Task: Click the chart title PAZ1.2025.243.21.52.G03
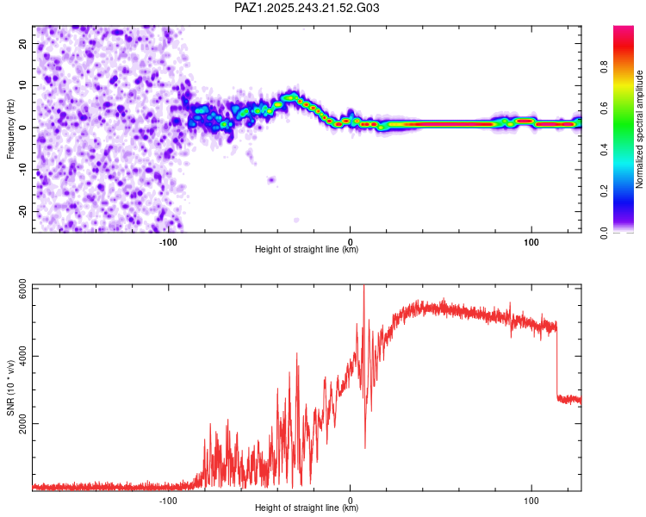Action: pyautogui.click(x=307, y=8)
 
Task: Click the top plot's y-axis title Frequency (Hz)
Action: pyautogui.click(x=11, y=128)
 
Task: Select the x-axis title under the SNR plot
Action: pyautogui.click(x=307, y=508)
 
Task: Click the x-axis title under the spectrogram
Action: pyautogui.click(x=307, y=250)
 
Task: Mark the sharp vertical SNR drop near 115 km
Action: pyautogui.click(x=556, y=362)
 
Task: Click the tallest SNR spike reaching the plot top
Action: pyautogui.click(x=363, y=288)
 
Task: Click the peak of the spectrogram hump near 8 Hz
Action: pyautogui.click(x=291, y=96)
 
